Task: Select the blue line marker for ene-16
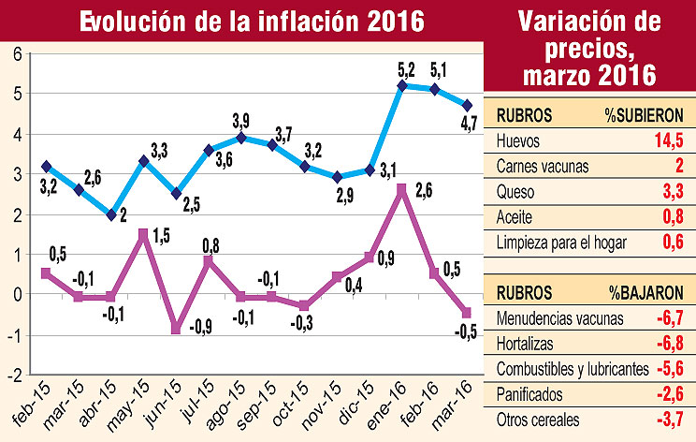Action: click(x=401, y=85)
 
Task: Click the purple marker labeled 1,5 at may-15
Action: click(x=143, y=233)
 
